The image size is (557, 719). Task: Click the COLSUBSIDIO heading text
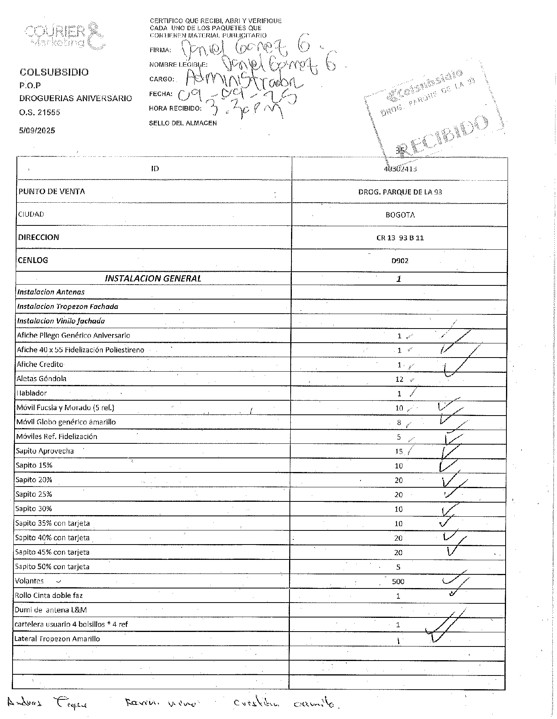[54, 72]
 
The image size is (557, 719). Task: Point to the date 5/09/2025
[37, 131]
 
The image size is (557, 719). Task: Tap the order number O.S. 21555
[40, 113]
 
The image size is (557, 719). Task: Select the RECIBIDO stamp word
[446, 136]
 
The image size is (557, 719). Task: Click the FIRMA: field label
[160, 50]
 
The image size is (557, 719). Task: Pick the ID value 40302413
[400, 169]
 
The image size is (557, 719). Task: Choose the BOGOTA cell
[400, 215]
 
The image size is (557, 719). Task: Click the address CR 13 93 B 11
[400, 238]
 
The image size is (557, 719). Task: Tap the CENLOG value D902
[400, 261]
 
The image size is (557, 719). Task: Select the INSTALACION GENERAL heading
[153, 278]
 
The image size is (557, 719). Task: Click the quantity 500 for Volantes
[398, 581]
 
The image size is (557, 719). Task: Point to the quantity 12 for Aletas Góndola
[399, 379]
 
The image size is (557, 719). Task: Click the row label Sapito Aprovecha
[45, 451]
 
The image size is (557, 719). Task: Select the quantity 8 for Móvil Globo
[399, 423]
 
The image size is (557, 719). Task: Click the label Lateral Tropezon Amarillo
[57, 639]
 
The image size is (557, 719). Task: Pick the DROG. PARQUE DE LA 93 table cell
[400, 192]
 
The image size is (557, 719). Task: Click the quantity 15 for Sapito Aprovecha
[399, 451]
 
